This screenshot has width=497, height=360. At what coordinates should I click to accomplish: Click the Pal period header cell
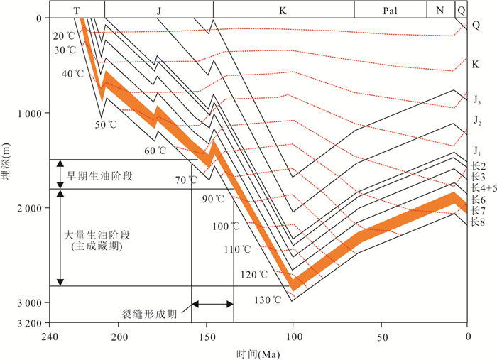(x=390, y=9)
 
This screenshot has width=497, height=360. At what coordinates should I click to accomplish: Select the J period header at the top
(x=158, y=9)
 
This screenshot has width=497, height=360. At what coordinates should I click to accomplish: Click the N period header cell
(x=440, y=9)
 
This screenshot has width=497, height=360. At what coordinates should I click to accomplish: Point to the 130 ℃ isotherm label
(x=268, y=300)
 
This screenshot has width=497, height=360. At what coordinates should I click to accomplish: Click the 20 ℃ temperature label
(x=63, y=36)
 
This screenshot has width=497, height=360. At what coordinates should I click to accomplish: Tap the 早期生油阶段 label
(x=98, y=175)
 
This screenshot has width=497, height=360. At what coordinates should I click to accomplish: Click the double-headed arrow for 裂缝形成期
(x=212, y=304)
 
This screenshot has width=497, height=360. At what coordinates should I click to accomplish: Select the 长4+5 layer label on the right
(x=481, y=187)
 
